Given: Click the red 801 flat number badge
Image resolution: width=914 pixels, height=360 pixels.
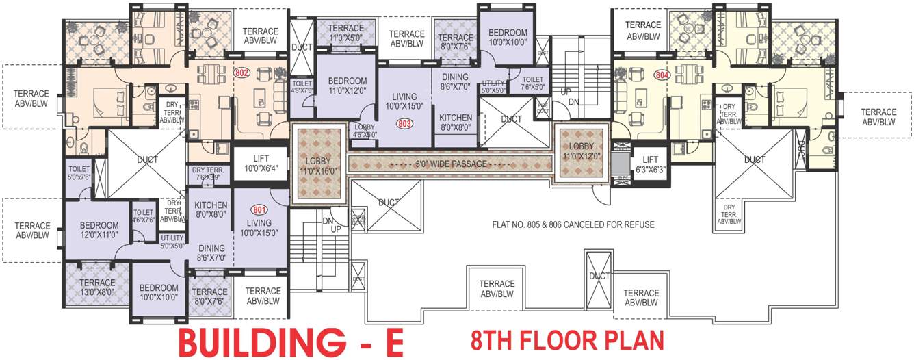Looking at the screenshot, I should [259, 210].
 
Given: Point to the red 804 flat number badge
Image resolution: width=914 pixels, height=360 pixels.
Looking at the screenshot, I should [660, 76].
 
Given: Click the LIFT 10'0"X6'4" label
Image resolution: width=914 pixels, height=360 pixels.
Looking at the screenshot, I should [259, 164].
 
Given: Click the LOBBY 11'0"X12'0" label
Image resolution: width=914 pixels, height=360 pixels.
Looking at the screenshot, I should [581, 151].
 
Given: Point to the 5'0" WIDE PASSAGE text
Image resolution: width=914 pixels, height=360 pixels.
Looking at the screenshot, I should [449, 164].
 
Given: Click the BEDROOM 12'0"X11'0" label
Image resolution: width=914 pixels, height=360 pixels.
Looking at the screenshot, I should [99, 230].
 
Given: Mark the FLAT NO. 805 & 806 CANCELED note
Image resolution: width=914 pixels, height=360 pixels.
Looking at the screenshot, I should [573, 224].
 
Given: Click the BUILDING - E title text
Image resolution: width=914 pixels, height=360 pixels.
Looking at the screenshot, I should [291, 342].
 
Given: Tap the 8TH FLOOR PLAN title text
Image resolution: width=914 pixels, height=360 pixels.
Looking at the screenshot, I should [567, 340].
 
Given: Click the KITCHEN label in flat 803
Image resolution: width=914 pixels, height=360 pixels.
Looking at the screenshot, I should [456, 123].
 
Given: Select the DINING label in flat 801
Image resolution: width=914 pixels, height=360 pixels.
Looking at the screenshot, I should [212, 254].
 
